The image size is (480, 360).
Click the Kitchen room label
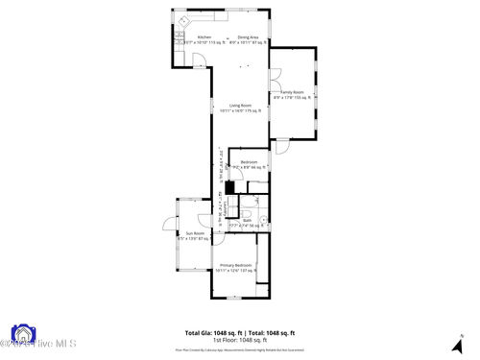204,37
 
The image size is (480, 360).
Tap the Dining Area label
248,37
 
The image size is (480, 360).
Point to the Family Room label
292,92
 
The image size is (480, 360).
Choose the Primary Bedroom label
235,265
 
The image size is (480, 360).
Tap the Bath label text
247,220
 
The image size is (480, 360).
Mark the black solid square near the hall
229,187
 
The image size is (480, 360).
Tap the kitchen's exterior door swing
199,60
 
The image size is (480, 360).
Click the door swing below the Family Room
281,147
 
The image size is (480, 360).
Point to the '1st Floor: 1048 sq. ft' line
240,340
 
